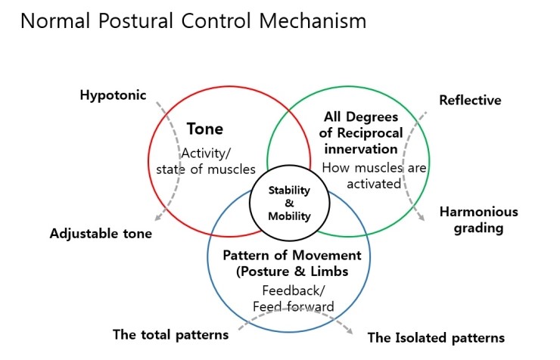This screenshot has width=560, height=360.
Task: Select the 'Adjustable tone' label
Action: (101, 234)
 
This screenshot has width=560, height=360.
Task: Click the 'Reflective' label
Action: (470, 100)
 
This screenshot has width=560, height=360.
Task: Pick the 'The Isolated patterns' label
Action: (436, 337)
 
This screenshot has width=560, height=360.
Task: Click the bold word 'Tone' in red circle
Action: (204, 129)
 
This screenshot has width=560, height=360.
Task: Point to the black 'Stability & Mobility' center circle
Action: (291, 202)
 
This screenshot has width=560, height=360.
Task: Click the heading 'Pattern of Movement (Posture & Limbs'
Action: (292, 263)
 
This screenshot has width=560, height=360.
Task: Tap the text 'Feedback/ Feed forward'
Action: (292, 298)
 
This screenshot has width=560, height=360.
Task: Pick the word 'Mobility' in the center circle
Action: (291, 216)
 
